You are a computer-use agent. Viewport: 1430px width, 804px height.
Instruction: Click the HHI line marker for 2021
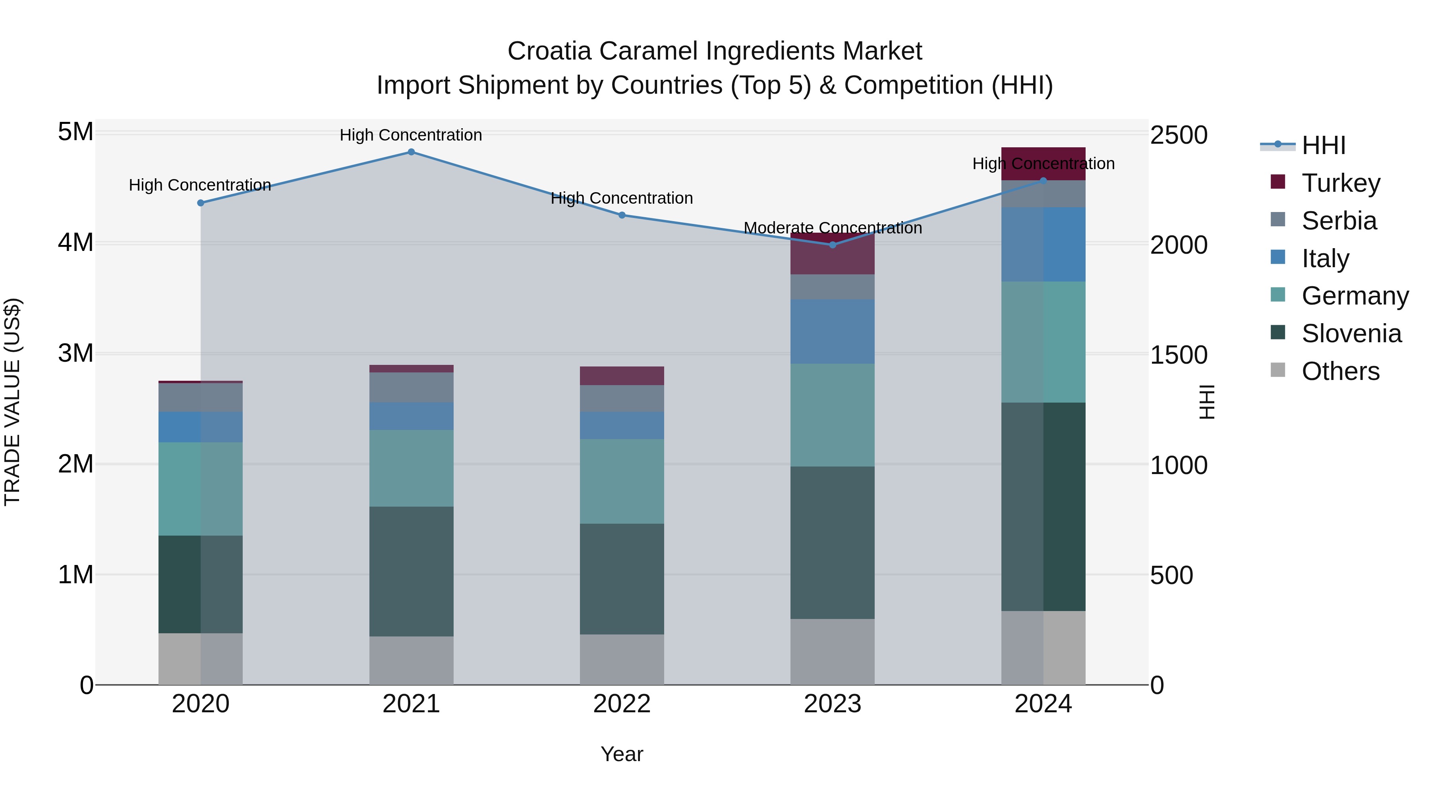411,152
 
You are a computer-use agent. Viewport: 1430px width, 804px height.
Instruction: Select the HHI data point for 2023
832,245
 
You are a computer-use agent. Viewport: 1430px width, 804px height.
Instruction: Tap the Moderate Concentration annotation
832,228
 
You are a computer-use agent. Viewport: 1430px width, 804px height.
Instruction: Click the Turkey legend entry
1340,183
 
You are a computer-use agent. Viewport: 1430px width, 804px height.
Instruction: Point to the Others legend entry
1340,371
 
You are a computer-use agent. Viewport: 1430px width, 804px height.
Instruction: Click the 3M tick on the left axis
75,353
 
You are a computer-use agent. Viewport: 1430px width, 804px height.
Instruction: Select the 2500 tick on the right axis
1178,135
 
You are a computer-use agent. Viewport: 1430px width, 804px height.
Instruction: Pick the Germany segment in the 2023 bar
832,415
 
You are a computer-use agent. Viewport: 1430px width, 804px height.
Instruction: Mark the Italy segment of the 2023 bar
832,332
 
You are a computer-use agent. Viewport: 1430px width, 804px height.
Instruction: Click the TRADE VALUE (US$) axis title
12,402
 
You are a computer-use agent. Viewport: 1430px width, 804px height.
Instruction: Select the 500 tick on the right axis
1171,575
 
